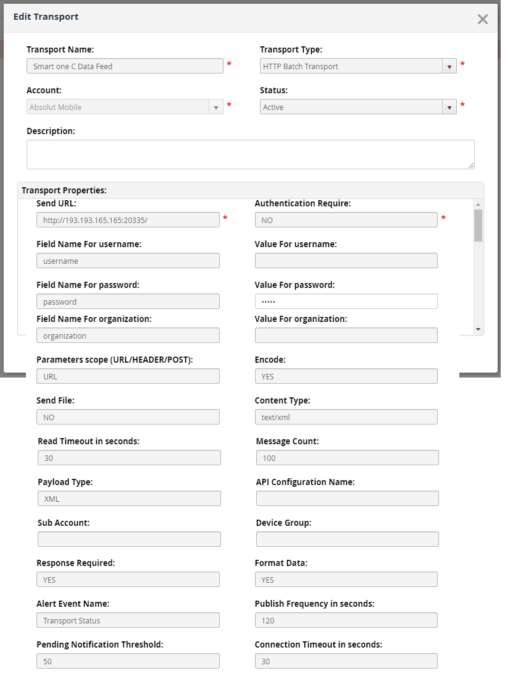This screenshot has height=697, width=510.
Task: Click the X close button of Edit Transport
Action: click(483, 19)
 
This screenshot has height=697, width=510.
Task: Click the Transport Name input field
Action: click(125, 66)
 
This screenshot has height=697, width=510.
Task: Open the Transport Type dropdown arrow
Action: click(449, 66)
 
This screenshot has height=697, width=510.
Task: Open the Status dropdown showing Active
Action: click(358, 107)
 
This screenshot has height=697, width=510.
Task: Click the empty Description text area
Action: click(250, 154)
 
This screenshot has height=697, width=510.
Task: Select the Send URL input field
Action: click(128, 220)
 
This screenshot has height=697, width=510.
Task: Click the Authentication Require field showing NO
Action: click(346, 220)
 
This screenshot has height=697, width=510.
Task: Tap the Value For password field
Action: click(346, 302)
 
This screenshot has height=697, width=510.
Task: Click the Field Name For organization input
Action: click(128, 336)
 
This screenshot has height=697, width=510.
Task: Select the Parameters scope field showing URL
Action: click(128, 376)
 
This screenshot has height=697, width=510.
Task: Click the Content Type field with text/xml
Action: click(346, 417)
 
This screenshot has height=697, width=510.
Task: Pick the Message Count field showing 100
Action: click(347, 458)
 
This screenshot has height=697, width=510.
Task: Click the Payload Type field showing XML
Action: click(129, 499)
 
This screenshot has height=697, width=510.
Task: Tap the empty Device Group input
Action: click(347, 539)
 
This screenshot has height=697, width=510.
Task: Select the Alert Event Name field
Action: click(128, 620)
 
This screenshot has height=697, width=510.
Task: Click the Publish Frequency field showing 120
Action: click(346, 620)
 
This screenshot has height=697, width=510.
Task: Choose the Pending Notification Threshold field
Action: click(128, 661)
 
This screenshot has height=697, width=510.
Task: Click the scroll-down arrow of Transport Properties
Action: click(478, 330)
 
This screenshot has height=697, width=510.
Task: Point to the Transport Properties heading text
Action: click(64, 190)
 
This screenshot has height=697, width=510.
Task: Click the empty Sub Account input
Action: click(129, 539)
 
